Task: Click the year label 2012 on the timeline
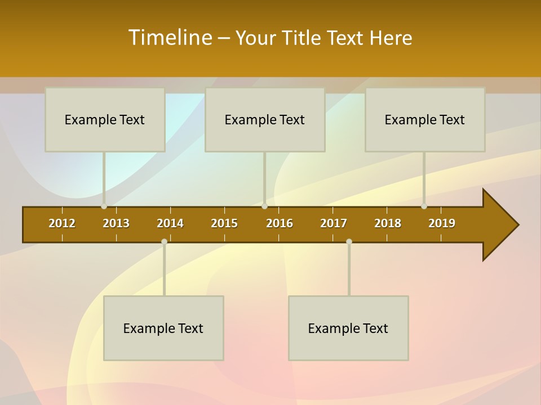[62, 223]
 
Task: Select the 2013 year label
[116, 223]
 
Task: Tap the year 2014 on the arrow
[170, 223]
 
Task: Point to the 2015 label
[224, 223]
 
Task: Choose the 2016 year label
[280, 223]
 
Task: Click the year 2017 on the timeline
[334, 223]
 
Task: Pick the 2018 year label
[388, 223]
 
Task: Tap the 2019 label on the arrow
[442, 223]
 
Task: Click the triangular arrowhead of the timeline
[499, 225]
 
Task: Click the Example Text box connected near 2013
[105, 119]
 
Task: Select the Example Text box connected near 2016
[265, 119]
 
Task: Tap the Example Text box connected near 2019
[425, 119]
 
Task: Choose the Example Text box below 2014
[163, 328]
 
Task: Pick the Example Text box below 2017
[348, 328]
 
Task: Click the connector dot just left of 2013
[104, 206]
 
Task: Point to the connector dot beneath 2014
[164, 241]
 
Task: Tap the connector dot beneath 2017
[349, 241]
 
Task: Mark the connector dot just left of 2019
[424, 206]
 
